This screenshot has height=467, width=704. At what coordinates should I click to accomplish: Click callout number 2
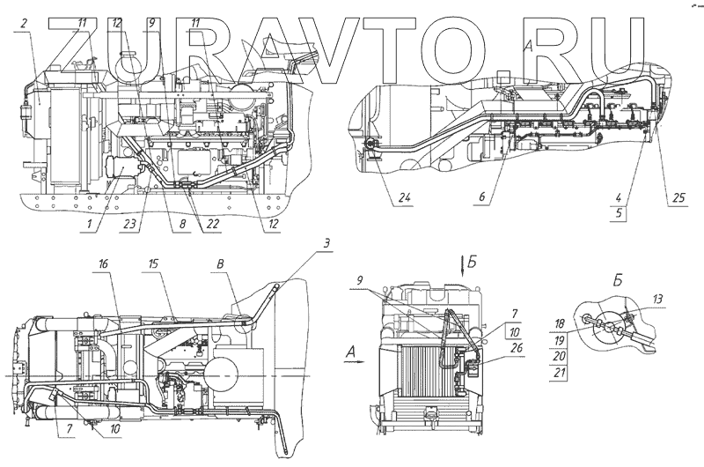coord(25,22)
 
